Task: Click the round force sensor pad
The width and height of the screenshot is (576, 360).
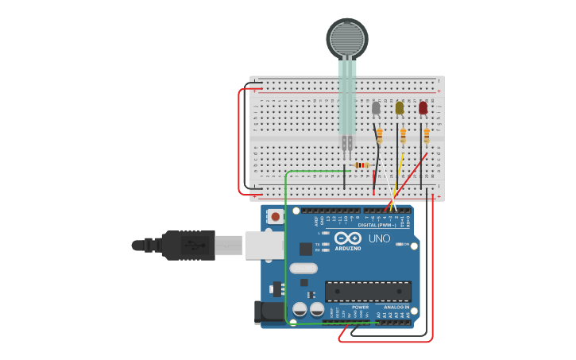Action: [x=347, y=37]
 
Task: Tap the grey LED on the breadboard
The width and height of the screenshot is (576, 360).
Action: [x=376, y=107]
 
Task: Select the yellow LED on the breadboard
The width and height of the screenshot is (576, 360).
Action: [x=400, y=107]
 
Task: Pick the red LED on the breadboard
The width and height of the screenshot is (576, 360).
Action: [x=423, y=107]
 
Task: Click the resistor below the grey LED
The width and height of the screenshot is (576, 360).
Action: [x=379, y=136]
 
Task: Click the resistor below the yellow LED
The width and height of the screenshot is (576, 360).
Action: [x=403, y=136]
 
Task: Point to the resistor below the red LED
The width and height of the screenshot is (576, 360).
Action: [x=426, y=136]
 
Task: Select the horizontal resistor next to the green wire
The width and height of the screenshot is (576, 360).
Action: [x=361, y=165]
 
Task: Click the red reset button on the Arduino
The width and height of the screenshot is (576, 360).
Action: [x=275, y=216]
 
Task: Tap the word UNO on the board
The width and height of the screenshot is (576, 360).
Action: [x=379, y=238]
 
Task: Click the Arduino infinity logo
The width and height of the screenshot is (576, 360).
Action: [x=348, y=238]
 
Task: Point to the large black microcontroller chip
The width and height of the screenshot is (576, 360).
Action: [x=368, y=291]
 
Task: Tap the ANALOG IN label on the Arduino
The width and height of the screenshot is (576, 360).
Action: [x=397, y=307]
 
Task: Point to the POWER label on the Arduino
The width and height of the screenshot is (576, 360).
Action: [x=360, y=307]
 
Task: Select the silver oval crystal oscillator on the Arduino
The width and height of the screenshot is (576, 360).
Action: [x=303, y=268]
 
